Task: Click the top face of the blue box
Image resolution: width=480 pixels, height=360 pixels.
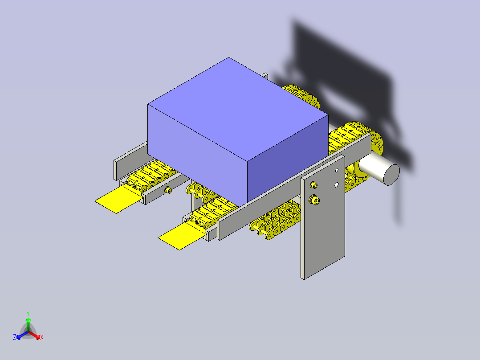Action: [x=238, y=109]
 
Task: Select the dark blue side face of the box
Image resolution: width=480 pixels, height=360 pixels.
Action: [x=288, y=160]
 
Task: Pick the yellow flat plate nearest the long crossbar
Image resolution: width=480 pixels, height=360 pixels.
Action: [x=181, y=236]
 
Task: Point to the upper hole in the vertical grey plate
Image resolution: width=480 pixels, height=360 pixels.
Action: [x=337, y=170]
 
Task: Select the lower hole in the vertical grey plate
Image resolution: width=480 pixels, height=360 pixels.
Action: [x=337, y=185]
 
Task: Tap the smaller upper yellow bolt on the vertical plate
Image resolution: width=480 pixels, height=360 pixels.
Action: [x=313, y=185]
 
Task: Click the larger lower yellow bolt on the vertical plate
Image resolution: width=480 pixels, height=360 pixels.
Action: [x=315, y=200]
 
